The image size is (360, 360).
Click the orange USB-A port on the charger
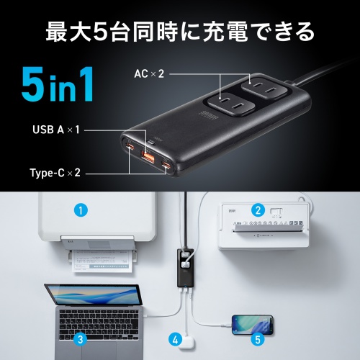pyautogui.click(x=148, y=157)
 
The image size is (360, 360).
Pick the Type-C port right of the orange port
pyautogui.click(x=167, y=166)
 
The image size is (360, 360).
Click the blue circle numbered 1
pyautogui.click(x=81, y=210)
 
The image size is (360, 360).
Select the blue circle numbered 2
pyautogui.click(x=257, y=210)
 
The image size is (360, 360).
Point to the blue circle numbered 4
pyautogui.click(x=175, y=338)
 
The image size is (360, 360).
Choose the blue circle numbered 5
pyautogui.click(x=258, y=338)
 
